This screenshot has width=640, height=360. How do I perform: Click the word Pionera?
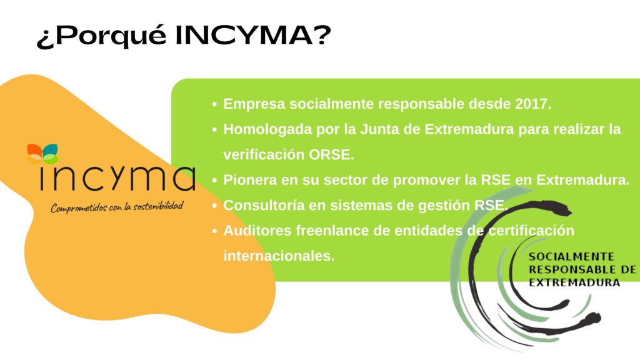point(250,180)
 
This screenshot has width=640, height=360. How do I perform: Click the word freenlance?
point(332,231)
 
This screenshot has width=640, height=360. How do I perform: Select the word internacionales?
point(279,256)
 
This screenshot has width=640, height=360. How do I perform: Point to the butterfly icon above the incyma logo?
point(42,154)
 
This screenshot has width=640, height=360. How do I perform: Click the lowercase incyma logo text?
point(117,178)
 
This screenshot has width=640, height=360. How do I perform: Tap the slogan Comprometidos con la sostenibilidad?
point(117,207)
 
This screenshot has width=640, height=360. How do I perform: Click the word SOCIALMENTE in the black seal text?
point(571,257)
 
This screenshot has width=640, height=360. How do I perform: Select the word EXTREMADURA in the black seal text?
point(574,282)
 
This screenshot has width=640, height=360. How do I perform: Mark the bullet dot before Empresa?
point(215,104)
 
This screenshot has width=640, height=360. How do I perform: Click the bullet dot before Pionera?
point(215,181)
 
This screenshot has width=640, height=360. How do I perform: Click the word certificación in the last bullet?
point(531,231)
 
